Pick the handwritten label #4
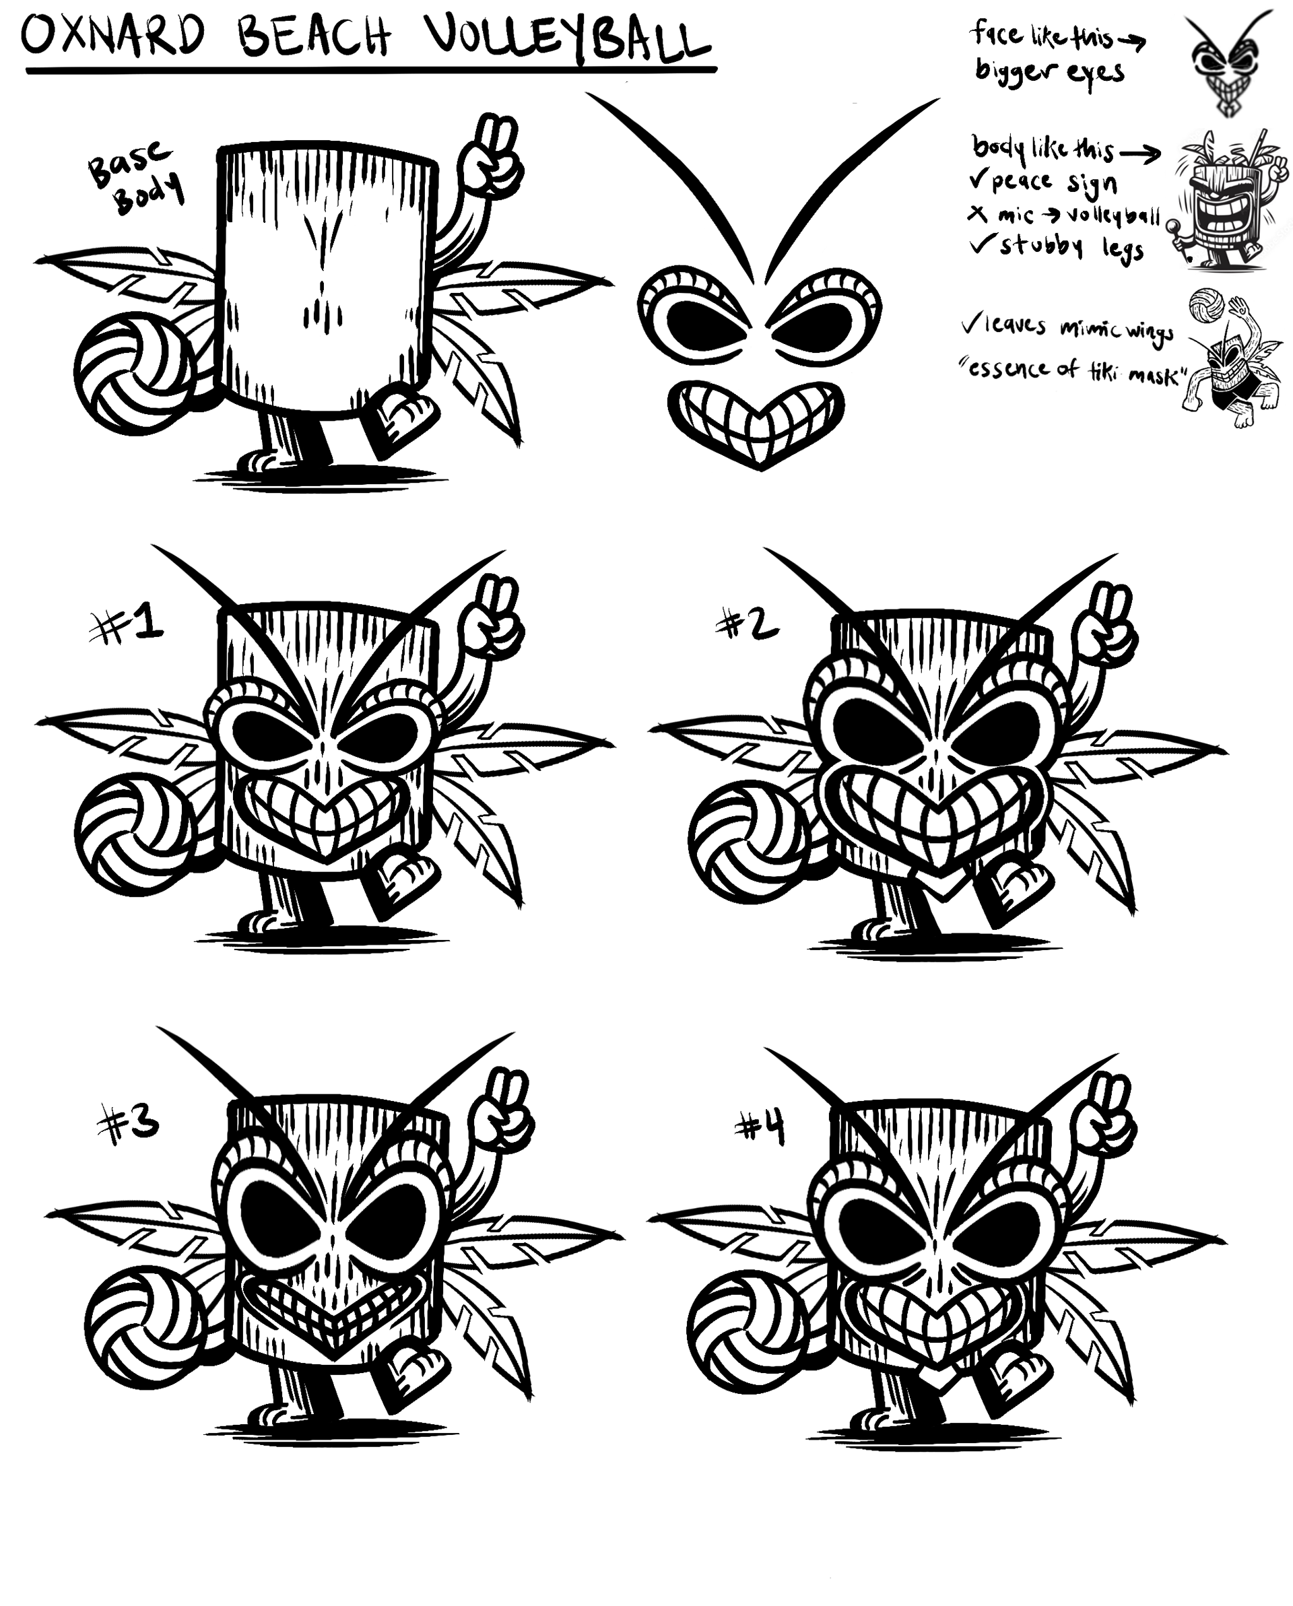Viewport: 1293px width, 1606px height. (x=760, y=1128)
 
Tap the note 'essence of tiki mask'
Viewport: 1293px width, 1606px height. (x=1073, y=370)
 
